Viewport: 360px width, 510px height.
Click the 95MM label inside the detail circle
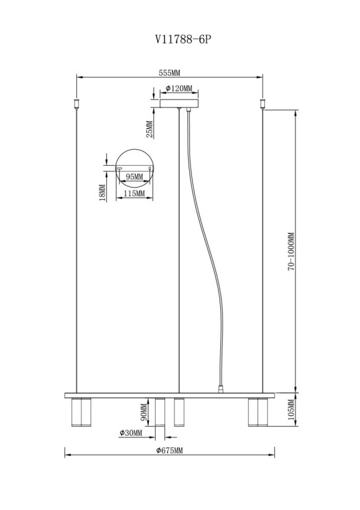pos(134,177)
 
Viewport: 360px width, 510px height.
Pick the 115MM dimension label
pos(134,194)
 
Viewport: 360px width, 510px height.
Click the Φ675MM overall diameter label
pos(169,449)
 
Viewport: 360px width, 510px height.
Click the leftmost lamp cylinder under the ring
pos(79,412)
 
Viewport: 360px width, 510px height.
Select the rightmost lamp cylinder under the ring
pos(257,412)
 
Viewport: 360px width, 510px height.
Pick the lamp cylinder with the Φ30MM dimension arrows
pos(160,412)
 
